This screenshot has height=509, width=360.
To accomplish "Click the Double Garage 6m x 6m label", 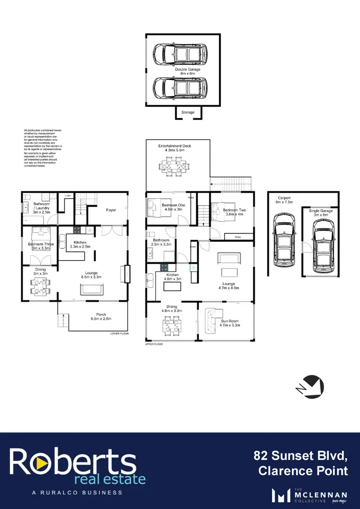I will click(188, 72).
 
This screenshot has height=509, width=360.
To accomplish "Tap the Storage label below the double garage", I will click(188, 112).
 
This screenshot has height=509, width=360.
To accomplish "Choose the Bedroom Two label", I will click(234, 213).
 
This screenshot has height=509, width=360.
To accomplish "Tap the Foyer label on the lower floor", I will click(111, 210).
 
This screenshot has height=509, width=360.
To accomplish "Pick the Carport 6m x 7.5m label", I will click(284, 200).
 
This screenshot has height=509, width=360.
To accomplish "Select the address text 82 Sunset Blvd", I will click(301, 455).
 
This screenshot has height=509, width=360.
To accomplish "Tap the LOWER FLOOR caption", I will click(119, 333).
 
